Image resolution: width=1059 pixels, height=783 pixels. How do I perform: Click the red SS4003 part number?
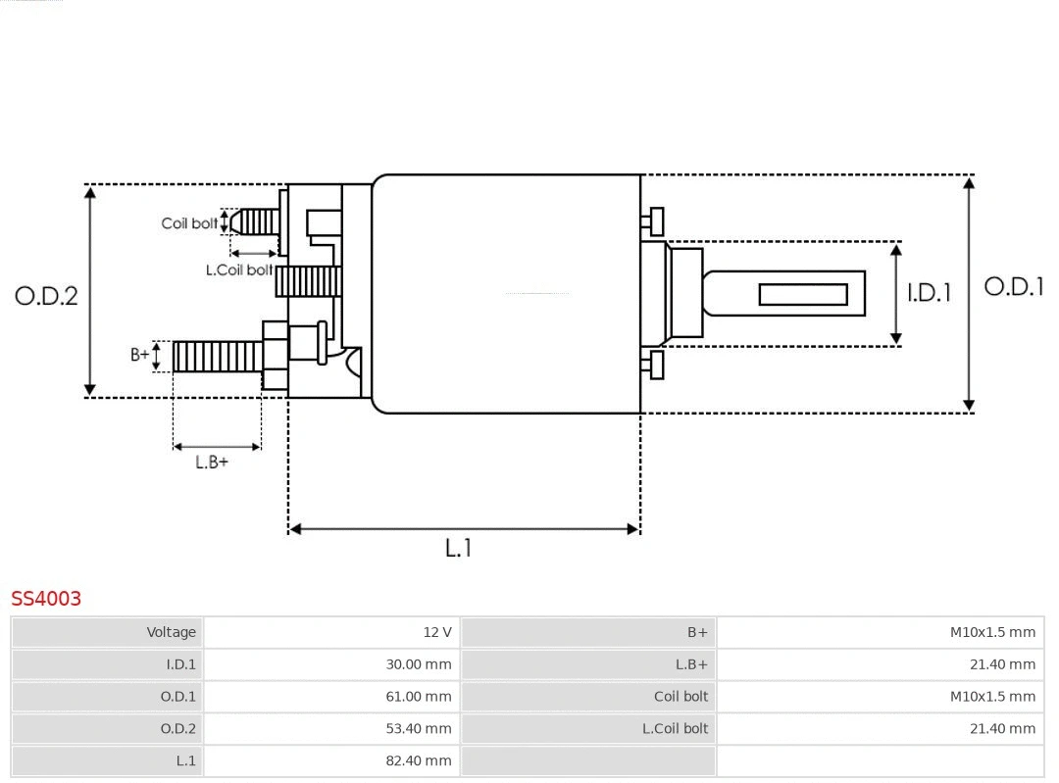tap(46, 598)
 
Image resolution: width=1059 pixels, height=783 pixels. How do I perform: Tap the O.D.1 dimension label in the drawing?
tap(1013, 287)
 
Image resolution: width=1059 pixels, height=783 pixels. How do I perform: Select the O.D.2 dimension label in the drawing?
tap(46, 296)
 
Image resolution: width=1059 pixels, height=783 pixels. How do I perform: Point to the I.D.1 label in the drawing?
tap(928, 293)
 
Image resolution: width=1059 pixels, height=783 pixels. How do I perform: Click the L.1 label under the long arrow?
tap(458, 548)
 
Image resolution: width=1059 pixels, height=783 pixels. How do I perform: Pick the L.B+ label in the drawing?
tap(211, 463)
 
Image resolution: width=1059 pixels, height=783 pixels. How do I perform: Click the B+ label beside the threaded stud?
tap(140, 355)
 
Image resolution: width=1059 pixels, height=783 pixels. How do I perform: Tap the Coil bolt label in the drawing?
tap(189, 223)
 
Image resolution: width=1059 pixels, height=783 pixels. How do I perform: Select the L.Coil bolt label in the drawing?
tap(239, 269)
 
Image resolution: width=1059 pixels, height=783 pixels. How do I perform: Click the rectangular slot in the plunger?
tap(803, 294)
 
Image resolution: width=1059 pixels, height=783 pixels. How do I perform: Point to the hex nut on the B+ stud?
tap(276, 355)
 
